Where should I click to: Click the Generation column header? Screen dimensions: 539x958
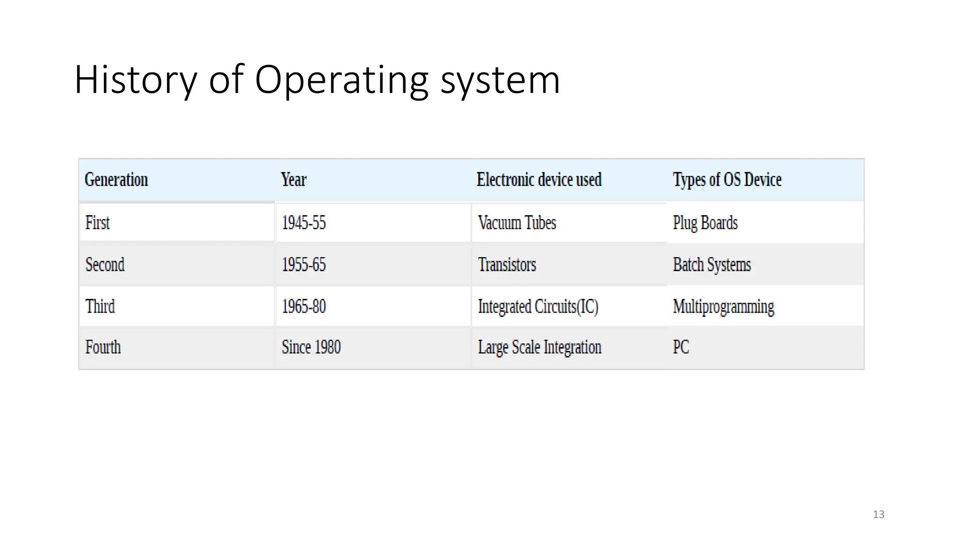pyautogui.click(x=116, y=180)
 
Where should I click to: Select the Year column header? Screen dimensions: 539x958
pyautogui.click(x=294, y=180)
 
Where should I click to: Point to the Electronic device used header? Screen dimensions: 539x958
pyautogui.click(x=539, y=180)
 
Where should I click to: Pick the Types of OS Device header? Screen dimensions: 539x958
pyautogui.click(x=727, y=180)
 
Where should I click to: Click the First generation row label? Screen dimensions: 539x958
pyautogui.click(x=97, y=223)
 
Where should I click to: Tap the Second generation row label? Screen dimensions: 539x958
pyautogui.click(x=105, y=265)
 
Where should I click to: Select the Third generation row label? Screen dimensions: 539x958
pyautogui.click(x=100, y=306)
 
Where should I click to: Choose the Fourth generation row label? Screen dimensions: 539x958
pyautogui.click(x=103, y=347)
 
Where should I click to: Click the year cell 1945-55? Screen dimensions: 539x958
pyautogui.click(x=304, y=223)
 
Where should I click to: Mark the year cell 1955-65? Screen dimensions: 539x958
pyautogui.click(x=304, y=265)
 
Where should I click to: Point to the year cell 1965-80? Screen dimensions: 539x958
pyautogui.click(x=304, y=306)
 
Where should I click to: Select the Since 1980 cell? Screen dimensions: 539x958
pyautogui.click(x=311, y=347)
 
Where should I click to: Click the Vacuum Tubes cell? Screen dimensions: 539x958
pyautogui.click(x=517, y=223)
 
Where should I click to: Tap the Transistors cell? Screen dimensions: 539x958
pyautogui.click(x=507, y=265)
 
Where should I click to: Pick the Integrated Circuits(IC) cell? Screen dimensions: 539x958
pyautogui.click(x=538, y=306)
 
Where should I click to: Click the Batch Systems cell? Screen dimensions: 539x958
pyautogui.click(x=712, y=265)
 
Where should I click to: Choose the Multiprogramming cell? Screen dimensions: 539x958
pyautogui.click(x=724, y=306)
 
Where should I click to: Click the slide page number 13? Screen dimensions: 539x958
pyautogui.click(x=878, y=514)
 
